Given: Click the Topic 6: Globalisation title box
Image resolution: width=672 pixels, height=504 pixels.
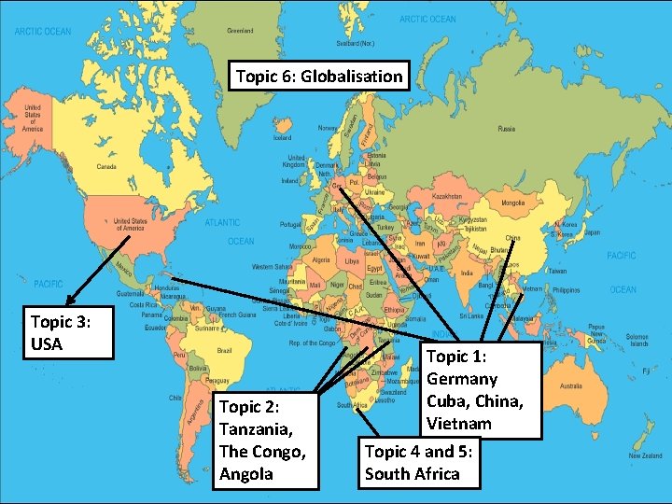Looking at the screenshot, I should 319,77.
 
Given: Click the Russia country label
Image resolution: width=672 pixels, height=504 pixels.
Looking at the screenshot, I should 507,129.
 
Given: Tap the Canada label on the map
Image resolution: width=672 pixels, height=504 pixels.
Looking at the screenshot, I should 106,168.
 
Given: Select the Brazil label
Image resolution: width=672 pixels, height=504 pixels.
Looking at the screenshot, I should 223,349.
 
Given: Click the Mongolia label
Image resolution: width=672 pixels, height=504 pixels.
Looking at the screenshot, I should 513,203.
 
